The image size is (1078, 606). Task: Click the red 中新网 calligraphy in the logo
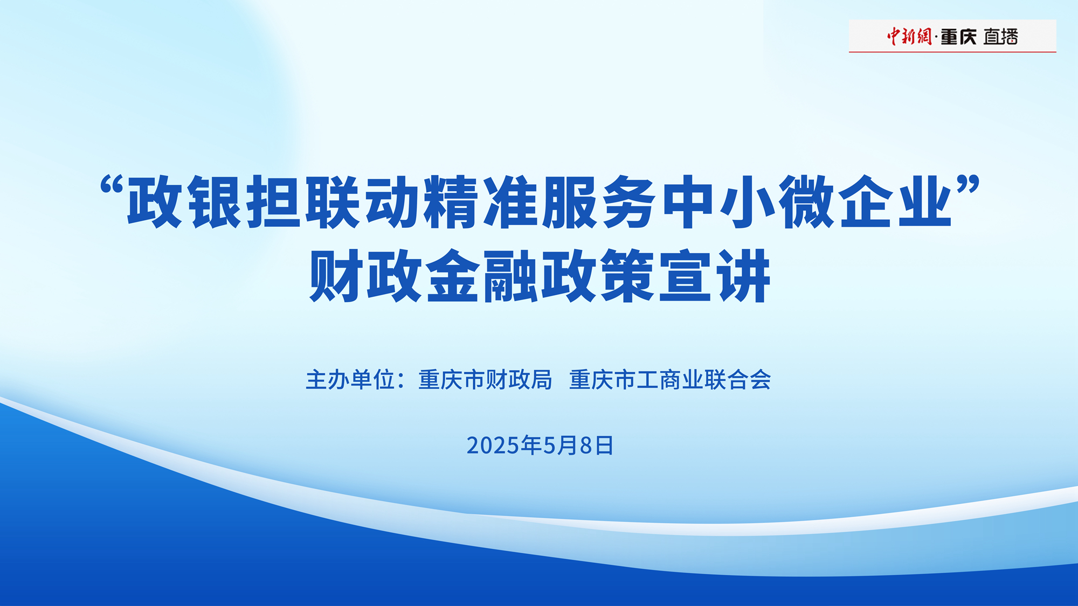click(x=909, y=36)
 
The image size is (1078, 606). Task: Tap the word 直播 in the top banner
click(x=1000, y=37)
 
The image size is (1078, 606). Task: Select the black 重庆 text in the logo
click(x=959, y=37)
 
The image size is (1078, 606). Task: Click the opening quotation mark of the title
click(x=112, y=185)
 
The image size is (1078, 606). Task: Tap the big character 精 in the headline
click(x=451, y=202)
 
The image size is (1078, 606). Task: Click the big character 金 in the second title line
click(x=453, y=276)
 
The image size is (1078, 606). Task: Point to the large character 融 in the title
click(x=511, y=276)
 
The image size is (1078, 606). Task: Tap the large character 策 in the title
click(x=627, y=276)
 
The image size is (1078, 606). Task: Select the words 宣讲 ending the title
click(x=715, y=276)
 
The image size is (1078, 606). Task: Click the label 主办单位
click(x=350, y=380)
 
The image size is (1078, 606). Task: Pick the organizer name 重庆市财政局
click(x=486, y=380)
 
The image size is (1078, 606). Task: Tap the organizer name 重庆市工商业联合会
click(x=671, y=380)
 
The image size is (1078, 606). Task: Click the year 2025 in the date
click(x=493, y=445)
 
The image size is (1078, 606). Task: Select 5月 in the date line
click(x=560, y=445)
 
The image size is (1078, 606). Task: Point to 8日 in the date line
click(x=597, y=445)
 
